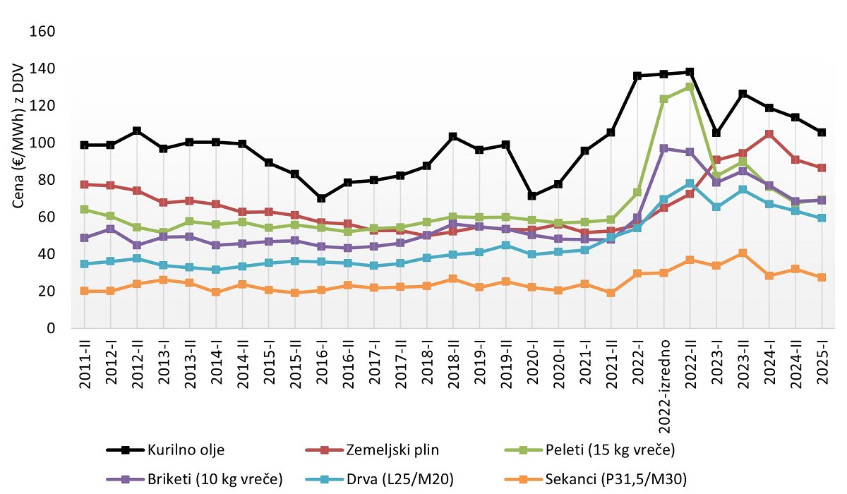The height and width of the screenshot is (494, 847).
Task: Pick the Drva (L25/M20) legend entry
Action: pos(399,480)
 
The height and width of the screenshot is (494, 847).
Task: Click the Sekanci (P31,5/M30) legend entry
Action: pos(607,480)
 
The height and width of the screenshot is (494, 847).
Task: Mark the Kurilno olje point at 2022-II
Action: pos(690,72)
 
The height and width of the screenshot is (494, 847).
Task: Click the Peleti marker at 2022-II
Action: pos(690,87)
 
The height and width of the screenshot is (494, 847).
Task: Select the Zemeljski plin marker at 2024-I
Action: pos(769,134)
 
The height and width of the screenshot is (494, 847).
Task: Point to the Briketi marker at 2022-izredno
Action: pos(664,149)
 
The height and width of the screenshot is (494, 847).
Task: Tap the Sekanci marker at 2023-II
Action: pos(743,253)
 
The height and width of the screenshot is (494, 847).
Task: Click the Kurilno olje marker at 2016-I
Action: pos(322,198)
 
